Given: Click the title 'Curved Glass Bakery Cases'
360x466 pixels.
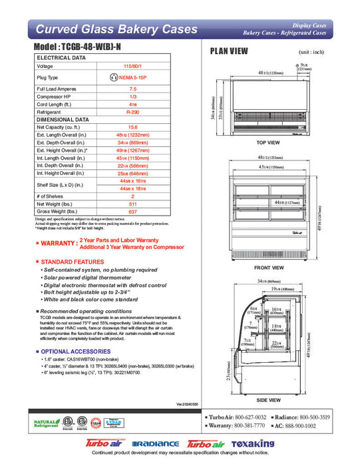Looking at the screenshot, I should click(116, 29).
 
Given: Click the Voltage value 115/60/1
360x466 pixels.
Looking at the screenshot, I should click(133, 67).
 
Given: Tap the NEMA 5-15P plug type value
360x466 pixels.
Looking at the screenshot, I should click(133, 77).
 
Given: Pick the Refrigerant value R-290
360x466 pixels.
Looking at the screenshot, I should click(133, 113).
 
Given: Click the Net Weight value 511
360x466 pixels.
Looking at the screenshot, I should click(133, 205).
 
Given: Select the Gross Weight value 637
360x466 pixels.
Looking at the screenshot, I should click(133, 212).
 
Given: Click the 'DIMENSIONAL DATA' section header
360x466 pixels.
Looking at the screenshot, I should click(61, 119).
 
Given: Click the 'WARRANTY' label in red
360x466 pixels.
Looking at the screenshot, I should click(58, 244).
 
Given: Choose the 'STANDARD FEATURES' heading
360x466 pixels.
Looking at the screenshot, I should click(73, 262).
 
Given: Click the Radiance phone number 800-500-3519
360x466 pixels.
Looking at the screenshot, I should click(310, 415).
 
